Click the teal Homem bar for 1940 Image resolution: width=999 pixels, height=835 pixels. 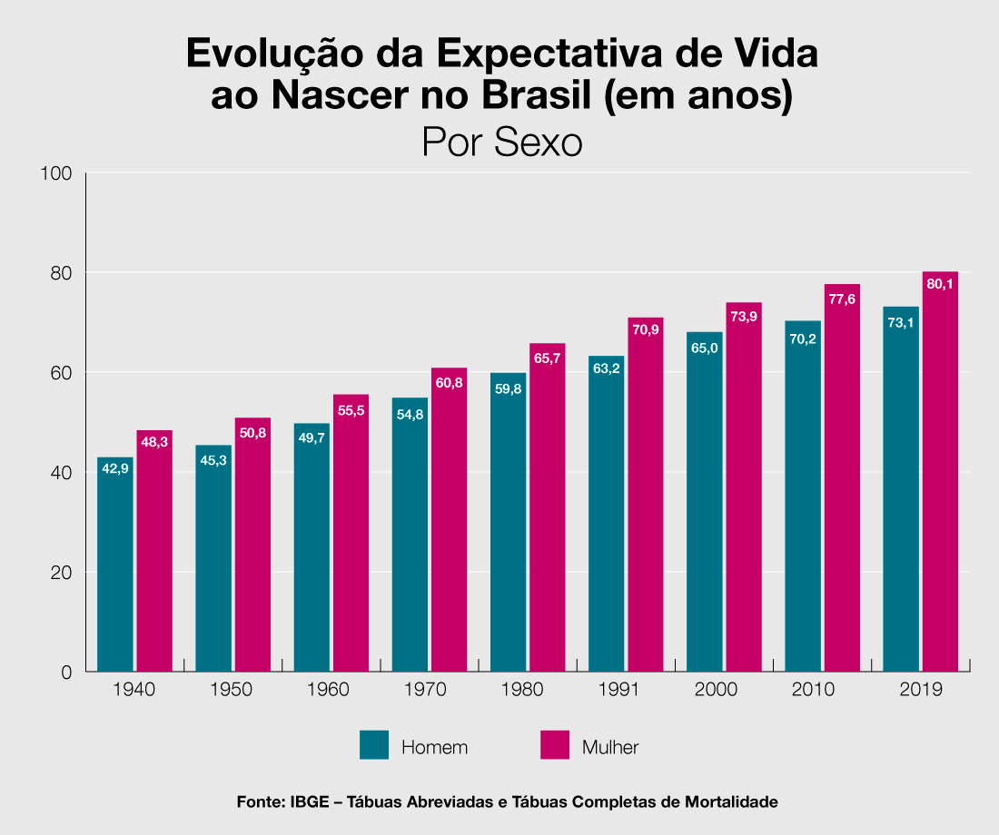115,572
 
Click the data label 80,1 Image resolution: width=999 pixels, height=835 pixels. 940,284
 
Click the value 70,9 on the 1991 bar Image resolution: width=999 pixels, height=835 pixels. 646,330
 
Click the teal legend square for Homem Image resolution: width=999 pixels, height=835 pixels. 374,744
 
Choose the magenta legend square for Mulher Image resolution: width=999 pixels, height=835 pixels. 555,744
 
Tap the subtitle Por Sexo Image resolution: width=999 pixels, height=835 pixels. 501,143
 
